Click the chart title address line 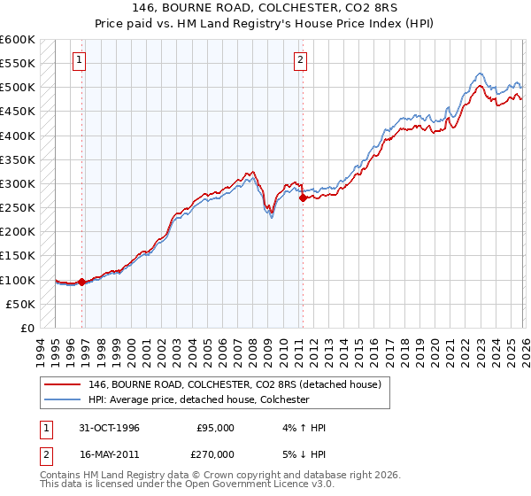[x=265, y=8]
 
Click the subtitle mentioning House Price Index [x=265, y=23]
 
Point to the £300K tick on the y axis [x=17, y=184]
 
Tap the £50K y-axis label [x=19, y=305]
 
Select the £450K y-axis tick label [x=17, y=112]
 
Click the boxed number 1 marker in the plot [x=80, y=60]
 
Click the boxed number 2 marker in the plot [x=300, y=60]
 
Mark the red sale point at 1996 [x=82, y=283]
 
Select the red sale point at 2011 [x=303, y=198]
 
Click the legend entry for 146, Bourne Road [x=235, y=384]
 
